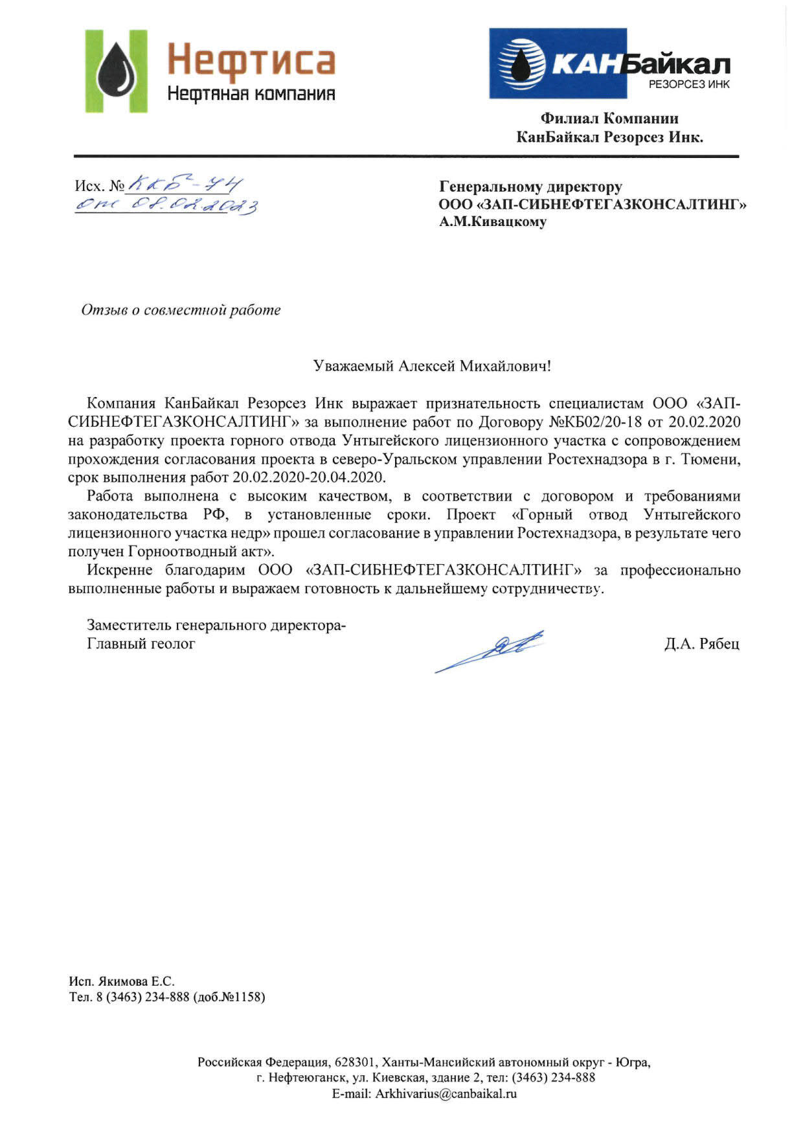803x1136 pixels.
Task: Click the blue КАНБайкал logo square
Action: tap(558, 63)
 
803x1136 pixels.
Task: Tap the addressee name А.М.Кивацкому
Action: tap(493, 222)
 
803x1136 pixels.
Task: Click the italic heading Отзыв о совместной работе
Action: tap(181, 310)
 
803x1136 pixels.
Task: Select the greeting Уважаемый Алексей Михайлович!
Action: tap(432, 367)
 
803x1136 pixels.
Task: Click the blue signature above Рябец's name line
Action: tap(490, 650)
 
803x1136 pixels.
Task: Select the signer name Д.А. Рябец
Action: tap(701, 644)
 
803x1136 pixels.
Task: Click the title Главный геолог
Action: tap(141, 644)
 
